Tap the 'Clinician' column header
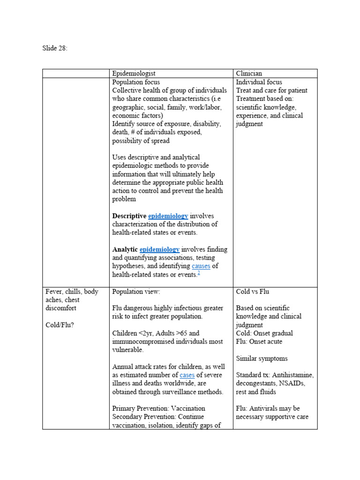click(249, 74)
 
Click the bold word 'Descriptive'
click(129, 216)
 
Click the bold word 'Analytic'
click(125, 250)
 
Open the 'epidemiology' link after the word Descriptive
click(168, 216)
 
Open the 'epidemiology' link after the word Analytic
click(159, 250)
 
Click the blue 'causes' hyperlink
click(201, 266)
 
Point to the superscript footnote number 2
click(198, 273)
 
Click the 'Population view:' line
click(136, 292)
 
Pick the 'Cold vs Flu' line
click(253, 292)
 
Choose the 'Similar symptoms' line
click(262, 359)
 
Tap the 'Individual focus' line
click(259, 82)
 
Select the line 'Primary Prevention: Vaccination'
click(158, 408)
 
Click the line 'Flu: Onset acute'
click(259, 342)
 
